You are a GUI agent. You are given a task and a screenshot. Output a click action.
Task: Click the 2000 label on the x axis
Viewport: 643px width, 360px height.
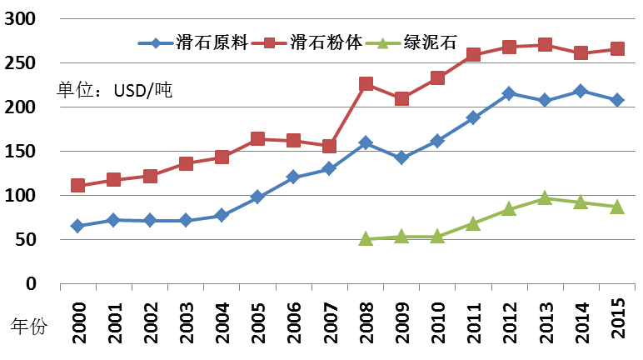77,317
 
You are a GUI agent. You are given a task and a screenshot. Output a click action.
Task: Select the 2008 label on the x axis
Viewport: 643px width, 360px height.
366,317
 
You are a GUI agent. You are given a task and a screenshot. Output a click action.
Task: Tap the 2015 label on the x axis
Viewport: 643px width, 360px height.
617,317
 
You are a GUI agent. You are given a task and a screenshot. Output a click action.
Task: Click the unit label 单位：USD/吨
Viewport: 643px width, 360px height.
114,89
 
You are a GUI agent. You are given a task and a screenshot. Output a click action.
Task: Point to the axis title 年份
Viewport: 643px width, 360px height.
31,327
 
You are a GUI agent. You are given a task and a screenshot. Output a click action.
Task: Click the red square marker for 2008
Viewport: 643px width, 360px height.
366,84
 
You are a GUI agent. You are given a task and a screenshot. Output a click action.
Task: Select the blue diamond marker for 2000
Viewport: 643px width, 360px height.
77,226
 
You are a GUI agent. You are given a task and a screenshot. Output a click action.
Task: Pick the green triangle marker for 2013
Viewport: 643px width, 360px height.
545,198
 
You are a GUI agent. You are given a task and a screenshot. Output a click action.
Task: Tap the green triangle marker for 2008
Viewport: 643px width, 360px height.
366,238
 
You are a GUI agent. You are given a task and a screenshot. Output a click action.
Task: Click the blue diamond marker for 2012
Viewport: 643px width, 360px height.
509,93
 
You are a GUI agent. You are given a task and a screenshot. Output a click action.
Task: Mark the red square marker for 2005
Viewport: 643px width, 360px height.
257,139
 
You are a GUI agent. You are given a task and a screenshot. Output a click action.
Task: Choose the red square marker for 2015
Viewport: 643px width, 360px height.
617,49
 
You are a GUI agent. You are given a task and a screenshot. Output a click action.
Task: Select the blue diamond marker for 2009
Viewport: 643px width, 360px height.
401,157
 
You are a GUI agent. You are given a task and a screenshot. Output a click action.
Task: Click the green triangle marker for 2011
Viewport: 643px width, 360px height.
473,223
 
